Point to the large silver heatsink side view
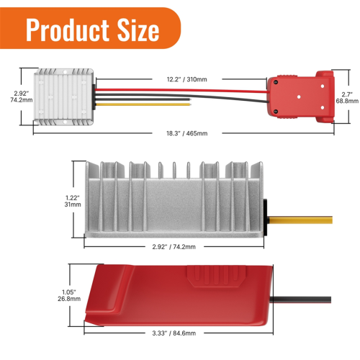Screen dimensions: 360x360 pos(173,202)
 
